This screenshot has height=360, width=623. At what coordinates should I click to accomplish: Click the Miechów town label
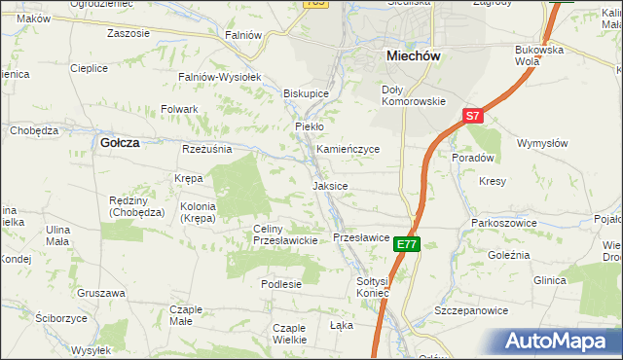click(414, 56)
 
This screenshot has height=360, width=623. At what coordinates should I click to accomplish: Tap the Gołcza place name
click(121, 142)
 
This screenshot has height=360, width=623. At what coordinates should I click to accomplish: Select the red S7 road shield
click(472, 116)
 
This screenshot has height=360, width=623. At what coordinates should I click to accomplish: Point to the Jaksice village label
click(330, 185)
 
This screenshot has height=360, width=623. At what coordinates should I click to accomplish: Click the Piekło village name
click(309, 126)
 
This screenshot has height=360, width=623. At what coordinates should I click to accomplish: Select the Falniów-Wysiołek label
click(216, 76)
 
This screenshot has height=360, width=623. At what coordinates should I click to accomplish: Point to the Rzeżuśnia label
click(206, 149)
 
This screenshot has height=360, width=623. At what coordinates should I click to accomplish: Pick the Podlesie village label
click(281, 284)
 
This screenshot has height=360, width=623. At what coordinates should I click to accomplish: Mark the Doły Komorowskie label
click(412, 95)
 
